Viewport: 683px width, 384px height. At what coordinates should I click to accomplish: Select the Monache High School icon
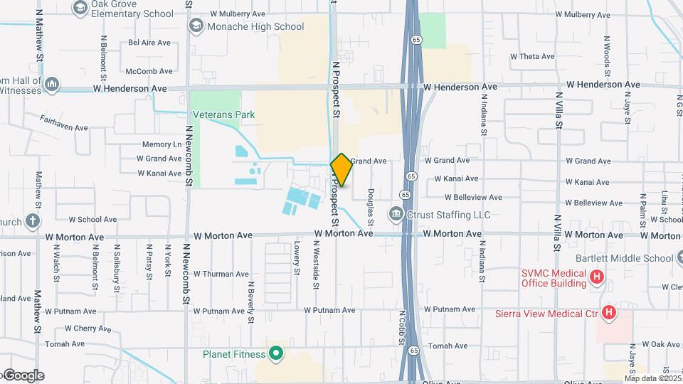pyautogui.click(x=196, y=26)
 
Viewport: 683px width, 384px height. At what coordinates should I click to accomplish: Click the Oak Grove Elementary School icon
pyautogui.click(x=79, y=8)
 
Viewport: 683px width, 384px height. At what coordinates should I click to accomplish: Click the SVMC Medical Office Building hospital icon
pyautogui.click(x=597, y=277)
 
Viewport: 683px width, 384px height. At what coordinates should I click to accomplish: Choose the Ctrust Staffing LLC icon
pyautogui.click(x=396, y=214)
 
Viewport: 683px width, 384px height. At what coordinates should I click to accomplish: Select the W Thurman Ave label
pyautogui.click(x=221, y=274)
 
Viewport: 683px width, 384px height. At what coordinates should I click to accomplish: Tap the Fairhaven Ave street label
pyautogui.click(x=63, y=123)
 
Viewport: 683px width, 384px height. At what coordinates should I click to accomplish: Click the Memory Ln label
pyautogui.click(x=162, y=144)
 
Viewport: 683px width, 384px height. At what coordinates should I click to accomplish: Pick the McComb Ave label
pyautogui.click(x=149, y=71)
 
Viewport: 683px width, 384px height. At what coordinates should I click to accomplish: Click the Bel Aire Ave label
pyautogui.click(x=149, y=43)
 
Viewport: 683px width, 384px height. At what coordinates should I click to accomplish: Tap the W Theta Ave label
pyautogui.click(x=532, y=56)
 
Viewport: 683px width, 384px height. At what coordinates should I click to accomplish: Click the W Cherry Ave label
pyautogui.click(x=88, y=329)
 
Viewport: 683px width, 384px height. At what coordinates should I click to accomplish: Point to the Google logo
pyautogui.click(x=23, y=375)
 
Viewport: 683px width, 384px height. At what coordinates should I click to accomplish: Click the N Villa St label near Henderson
pyautogui.click(x=558, y=114)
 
